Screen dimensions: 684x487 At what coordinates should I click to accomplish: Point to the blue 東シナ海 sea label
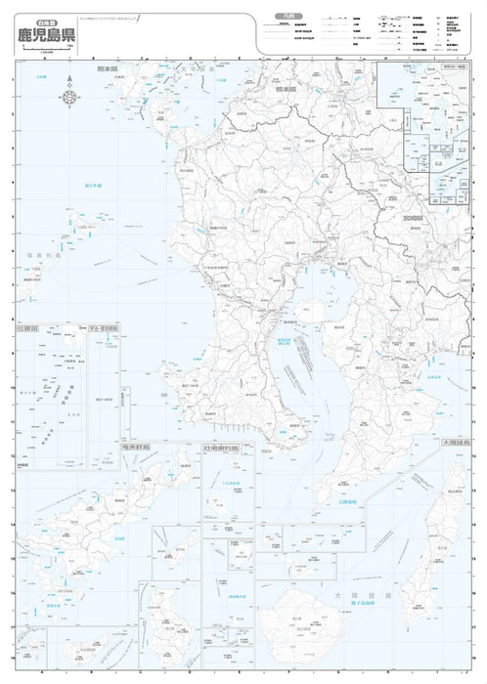coord(93,186)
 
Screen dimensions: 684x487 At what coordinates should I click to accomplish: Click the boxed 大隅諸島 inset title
coord(458,443)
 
